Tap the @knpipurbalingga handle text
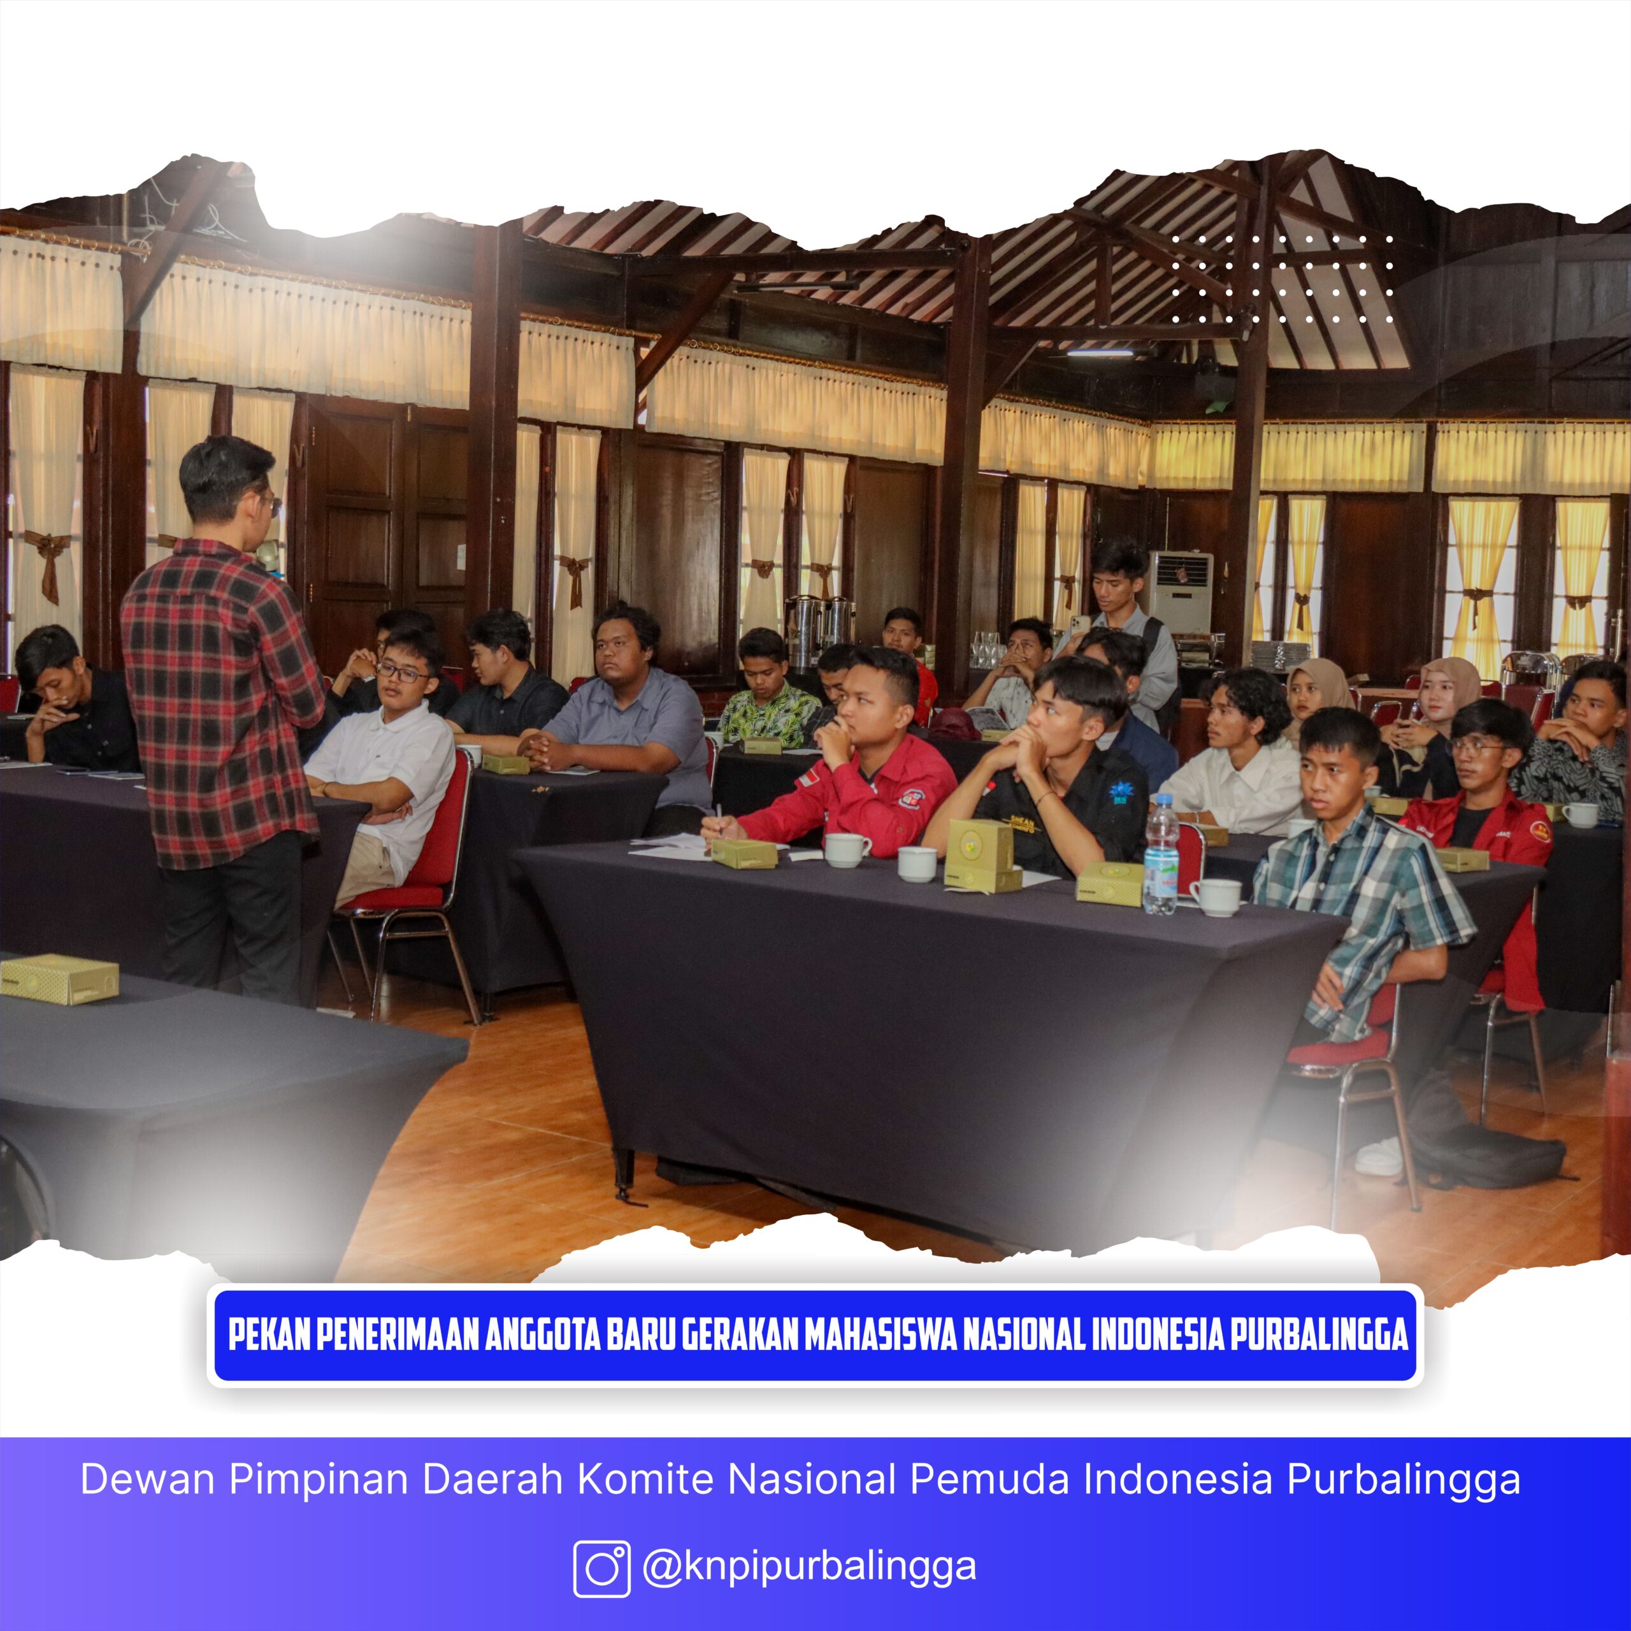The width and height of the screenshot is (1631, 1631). (x=808, y=1566)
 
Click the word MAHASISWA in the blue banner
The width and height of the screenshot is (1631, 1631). (x=880, y=1335)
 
